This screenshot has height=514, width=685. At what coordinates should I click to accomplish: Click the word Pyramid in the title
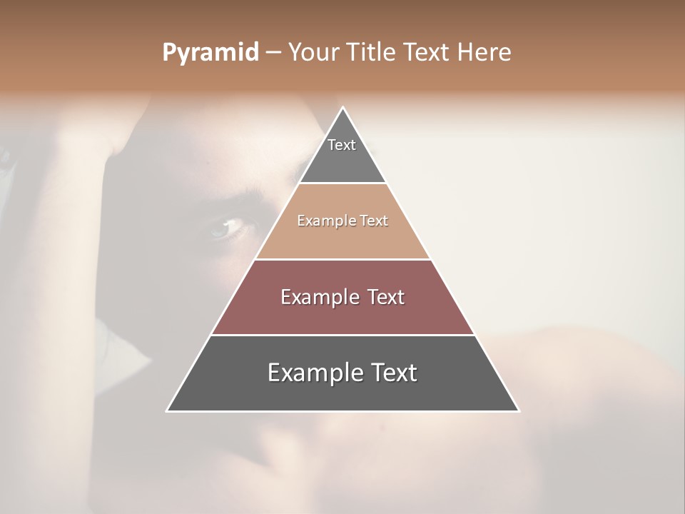point(210,53)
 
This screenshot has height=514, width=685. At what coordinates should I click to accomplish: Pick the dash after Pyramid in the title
point(273,53)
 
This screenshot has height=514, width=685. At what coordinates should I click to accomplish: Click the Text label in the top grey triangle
point(342,145)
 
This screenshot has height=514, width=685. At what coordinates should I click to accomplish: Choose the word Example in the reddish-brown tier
point(318,297)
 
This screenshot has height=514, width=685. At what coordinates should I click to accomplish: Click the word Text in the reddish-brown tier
point(385,297)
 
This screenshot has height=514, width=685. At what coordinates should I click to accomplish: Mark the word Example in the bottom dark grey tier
point(315,373)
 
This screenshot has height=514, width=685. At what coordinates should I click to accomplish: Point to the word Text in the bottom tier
point(394,373)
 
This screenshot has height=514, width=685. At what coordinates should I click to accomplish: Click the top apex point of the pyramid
point(342,108)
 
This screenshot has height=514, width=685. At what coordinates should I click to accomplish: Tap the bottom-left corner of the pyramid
point(167,410)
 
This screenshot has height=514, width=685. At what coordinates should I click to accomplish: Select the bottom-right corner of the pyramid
point(518,410)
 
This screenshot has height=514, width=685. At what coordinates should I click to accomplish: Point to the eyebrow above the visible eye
point(232,196)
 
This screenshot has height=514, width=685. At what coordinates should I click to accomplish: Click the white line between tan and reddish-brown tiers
point(342,259)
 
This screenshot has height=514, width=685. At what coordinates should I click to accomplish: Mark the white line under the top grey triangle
point(342,183)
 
